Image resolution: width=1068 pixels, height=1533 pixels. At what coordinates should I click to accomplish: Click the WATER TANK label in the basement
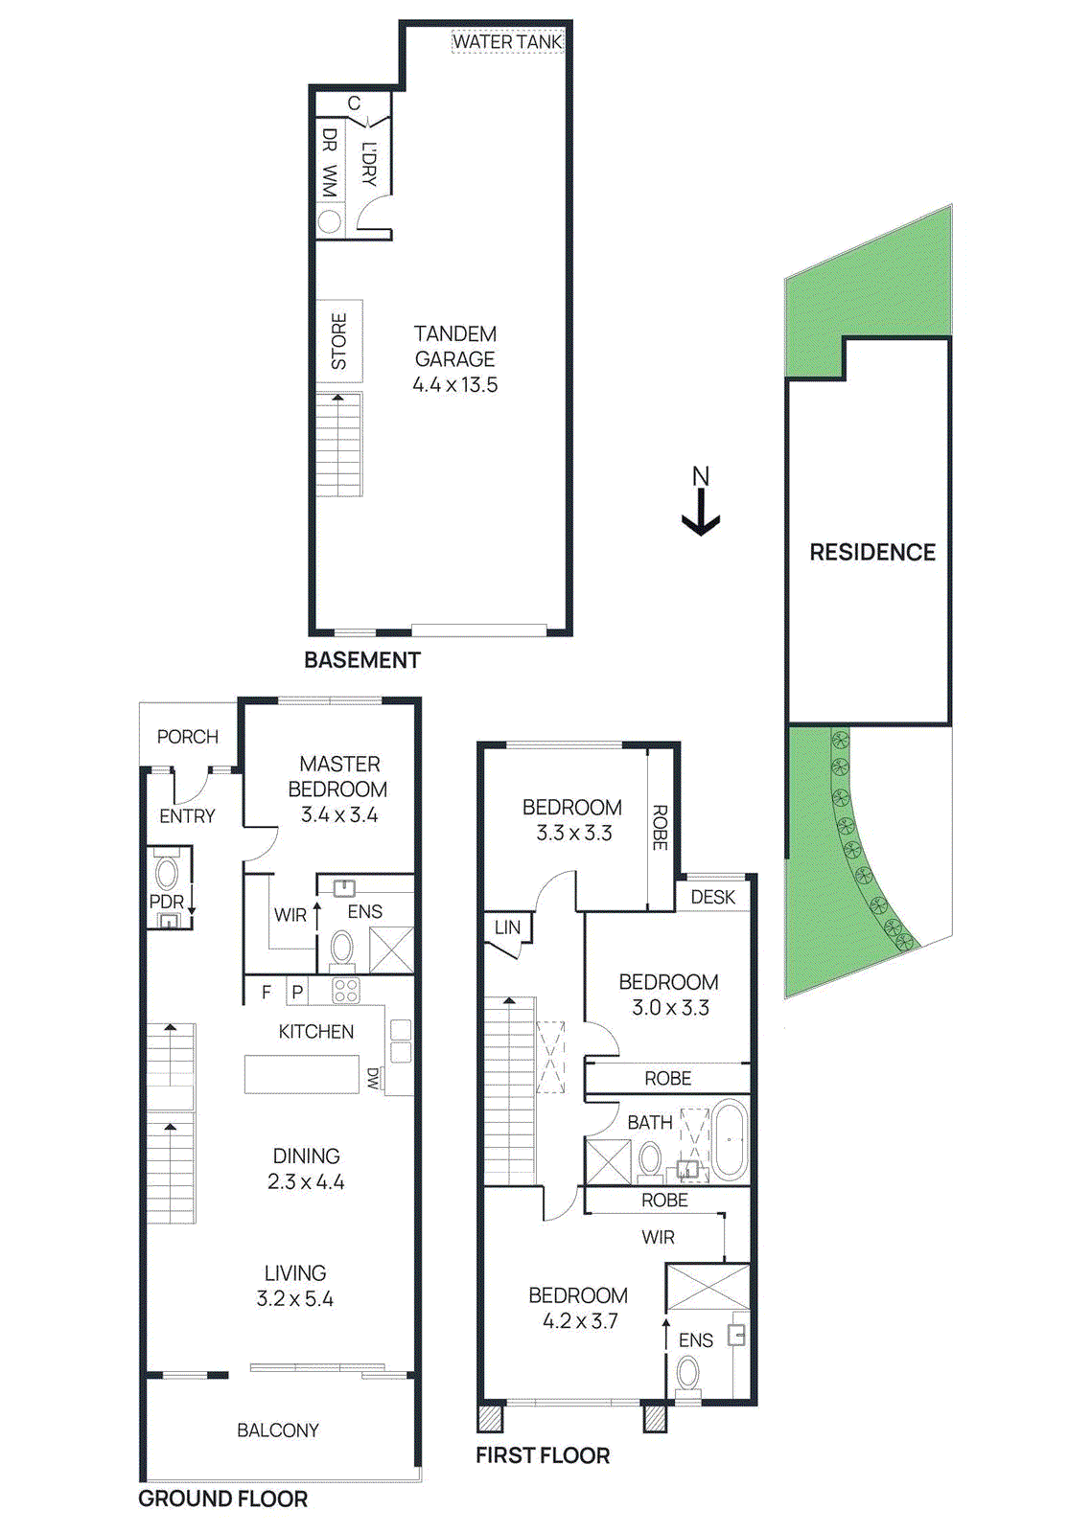point(506,41)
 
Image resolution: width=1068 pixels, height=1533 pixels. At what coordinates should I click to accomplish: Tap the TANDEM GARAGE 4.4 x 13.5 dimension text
point(455,385)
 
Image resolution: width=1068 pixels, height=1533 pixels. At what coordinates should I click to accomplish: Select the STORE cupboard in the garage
point(339,341)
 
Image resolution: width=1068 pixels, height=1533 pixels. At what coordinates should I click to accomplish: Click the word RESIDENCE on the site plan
point(872,553)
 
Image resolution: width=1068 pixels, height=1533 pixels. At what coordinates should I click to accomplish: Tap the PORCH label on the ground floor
point(188,737)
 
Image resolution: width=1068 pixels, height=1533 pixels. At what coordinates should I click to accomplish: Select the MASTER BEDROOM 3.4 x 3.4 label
point(339,789)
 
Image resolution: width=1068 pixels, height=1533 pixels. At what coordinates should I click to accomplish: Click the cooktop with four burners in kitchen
point(345,991)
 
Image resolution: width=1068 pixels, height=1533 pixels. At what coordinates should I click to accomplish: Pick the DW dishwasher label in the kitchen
point(373,1079)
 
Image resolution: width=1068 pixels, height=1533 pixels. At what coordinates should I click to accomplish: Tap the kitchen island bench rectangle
point(301,1074)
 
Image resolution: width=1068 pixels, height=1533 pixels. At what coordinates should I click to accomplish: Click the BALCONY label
point(278,1430)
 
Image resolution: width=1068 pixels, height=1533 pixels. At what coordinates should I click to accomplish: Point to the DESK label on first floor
point(713,898)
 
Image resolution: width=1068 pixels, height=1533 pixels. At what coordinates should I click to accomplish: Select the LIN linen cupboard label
point(507,927)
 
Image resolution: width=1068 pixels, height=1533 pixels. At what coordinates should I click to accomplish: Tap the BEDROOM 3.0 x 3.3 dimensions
point(670,1008)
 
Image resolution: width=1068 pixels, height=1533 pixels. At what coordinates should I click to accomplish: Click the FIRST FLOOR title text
point(543,1455)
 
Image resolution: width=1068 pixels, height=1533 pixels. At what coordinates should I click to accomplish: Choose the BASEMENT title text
point(361,660)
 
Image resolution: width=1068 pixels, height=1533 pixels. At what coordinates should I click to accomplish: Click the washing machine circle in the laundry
point(329,222)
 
